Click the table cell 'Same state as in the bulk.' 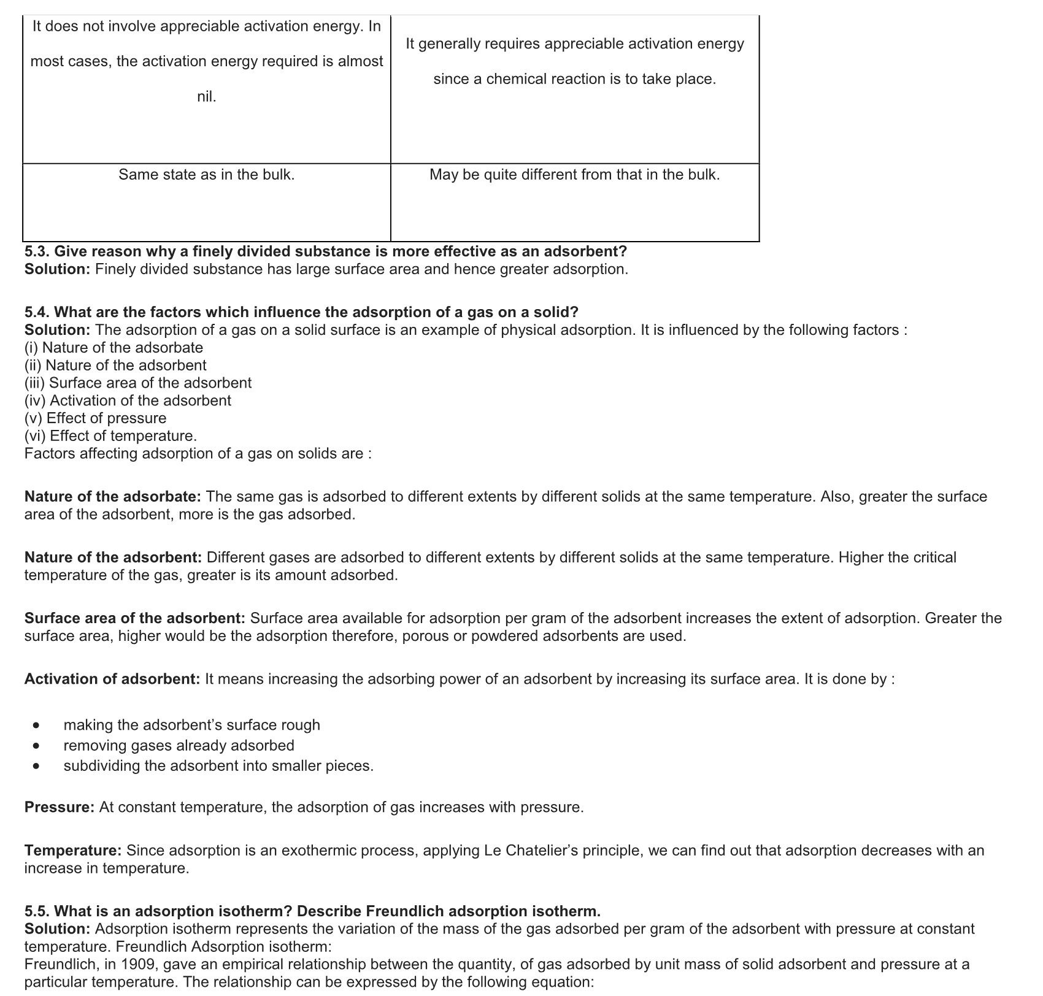206,175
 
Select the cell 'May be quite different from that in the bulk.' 574,175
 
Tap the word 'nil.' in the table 206,96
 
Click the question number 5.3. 37,251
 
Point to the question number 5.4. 37,312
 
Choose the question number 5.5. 37,911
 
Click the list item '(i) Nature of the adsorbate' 114,348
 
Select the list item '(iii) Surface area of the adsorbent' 138,383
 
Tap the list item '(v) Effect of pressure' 95,418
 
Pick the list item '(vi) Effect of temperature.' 110,436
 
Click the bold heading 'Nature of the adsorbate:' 113,496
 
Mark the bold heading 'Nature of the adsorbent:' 113,557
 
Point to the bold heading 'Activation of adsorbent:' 112,679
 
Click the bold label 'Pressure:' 60,807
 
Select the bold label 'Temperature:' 73,851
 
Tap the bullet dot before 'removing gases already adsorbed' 37,746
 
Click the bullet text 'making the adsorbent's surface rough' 191,725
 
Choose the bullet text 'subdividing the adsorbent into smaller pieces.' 218,766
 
